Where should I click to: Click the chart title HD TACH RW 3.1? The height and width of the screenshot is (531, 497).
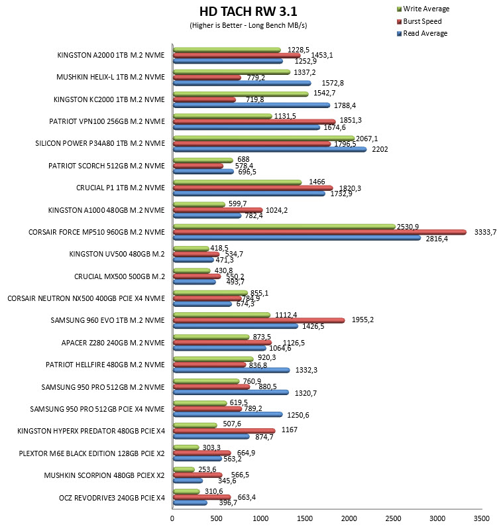[x=248, y=11]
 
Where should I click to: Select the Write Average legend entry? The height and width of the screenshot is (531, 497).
[x=423, y=9]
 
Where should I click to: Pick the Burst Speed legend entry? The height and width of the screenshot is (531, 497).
[x=419, y=21]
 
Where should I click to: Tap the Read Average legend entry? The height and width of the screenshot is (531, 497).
[x=422, y=33]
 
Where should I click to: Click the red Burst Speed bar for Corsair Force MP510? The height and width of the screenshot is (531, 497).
[x=320, y=232]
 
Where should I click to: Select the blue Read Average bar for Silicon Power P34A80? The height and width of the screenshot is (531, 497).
[x=270, y=149]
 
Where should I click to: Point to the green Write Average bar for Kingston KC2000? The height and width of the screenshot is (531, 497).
[x=241, y=94]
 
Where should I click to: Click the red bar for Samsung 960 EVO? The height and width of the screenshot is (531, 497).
[x=259, y=320]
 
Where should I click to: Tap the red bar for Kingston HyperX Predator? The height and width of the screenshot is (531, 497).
[x=224, y=431]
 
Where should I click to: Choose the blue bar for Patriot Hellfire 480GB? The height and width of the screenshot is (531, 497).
[x=231, y=370]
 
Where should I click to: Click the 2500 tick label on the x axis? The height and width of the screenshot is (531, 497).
[x=393, y=518]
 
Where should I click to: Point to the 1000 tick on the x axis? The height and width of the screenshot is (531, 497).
[x=260, y=518]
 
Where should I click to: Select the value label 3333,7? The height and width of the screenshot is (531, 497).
[x=486, y=232]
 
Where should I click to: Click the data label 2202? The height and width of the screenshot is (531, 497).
[x=380, y=149]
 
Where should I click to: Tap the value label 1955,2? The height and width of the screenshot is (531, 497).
[x=362, y=320]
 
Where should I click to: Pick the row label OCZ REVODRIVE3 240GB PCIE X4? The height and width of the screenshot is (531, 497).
[x=112, y=498]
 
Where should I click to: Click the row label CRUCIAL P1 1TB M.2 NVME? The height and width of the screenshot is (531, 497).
[x=120, y=188]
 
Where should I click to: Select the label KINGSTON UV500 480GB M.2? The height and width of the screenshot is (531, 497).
[x=117, y=254]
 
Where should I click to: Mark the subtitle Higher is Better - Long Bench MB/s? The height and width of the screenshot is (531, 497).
[x=248, y=25]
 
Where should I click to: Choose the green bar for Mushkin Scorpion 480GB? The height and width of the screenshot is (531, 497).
[x=184, y=470]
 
